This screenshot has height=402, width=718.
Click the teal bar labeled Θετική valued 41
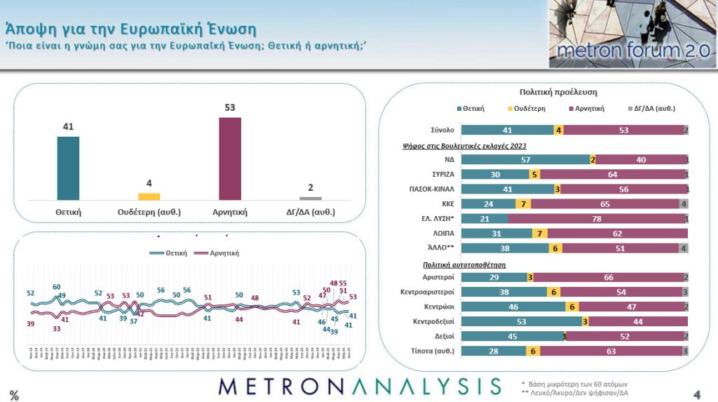tap(68, 168)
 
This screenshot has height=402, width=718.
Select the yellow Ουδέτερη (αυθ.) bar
tap(149, 196)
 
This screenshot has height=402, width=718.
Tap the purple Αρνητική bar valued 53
tap(230, 159)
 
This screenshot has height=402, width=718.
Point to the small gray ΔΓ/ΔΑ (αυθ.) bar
tap(311, 199)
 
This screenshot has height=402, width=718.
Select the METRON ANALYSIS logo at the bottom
tap(359, 387)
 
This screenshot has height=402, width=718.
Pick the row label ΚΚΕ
tap(446, 204)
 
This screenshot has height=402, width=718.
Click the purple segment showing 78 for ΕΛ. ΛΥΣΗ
tap(596, 219)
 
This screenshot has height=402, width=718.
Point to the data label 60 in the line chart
tap(57, 287)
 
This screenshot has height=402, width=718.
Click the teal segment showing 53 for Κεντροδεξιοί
tap(521, 321)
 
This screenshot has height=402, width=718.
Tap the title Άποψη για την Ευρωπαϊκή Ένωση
tap(130, 29)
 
